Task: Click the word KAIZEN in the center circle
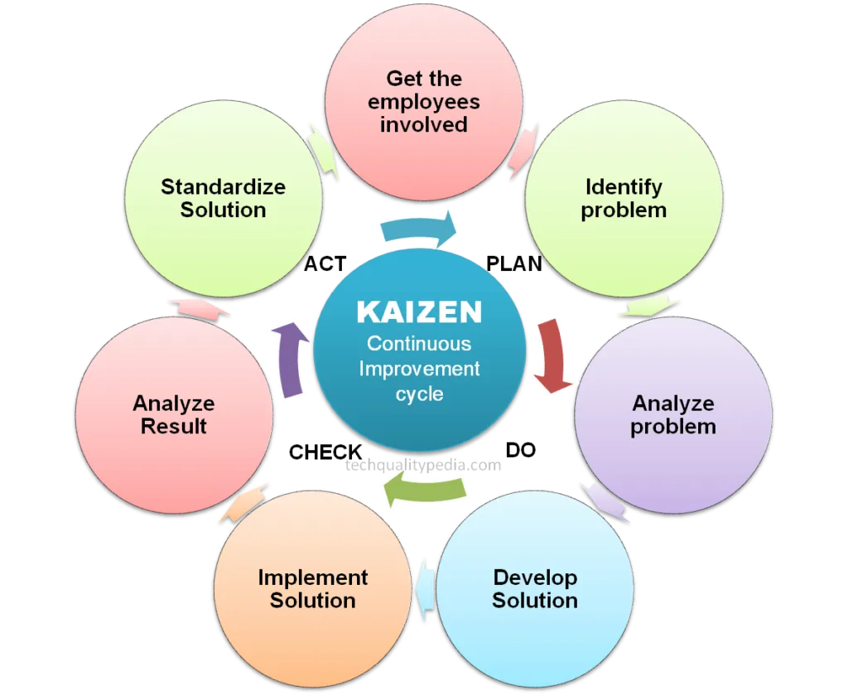click(x=419, y=312)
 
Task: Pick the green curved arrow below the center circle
click(x=424, y=489)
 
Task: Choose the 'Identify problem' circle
click(x=624, y=199)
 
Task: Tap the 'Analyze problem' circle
click(x=672, y=414)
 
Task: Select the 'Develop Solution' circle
click(x=534, y=588)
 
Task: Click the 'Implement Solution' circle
click(x=312, y=588)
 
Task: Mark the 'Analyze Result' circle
click(x=174, y=414)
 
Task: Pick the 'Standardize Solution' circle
click(x=223, y=199)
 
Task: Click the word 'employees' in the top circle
click(x=423, y=102)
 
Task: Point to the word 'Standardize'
click(x=223, y=186)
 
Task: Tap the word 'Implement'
click(x=312, y=577)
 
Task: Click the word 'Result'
click(x=174, y=427)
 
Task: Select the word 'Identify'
click(x=624, y=186)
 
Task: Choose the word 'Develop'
click(x=535, y=577)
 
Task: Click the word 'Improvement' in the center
click(x=419, y=369)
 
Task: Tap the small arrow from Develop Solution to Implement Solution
click(x=425, y=588)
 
